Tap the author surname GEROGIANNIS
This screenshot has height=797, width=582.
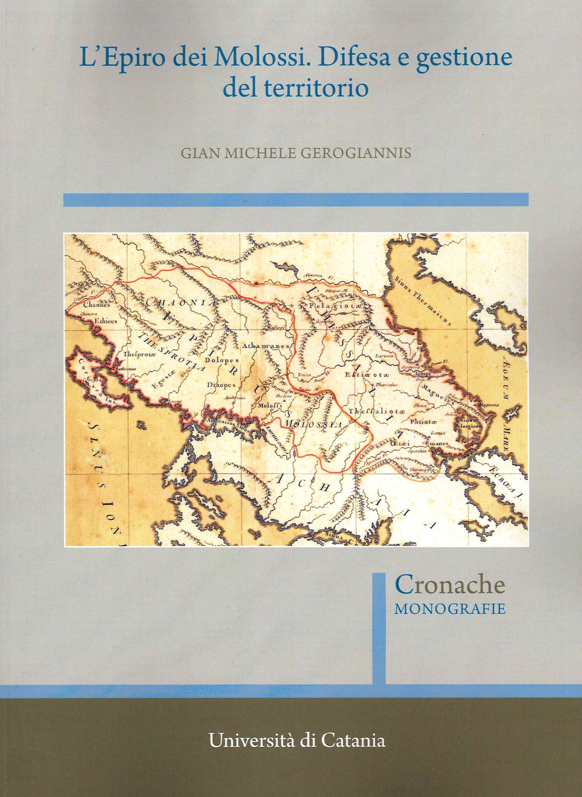pos(356,153)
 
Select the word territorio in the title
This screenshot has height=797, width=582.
pos(316,88)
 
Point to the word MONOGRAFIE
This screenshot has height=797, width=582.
pos(450,609)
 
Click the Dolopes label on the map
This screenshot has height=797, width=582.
pos(222,360)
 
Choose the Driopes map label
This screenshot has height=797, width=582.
pos(221,385)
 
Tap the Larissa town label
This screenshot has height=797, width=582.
pos(400,355)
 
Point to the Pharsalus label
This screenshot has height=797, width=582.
pos(391,385)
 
